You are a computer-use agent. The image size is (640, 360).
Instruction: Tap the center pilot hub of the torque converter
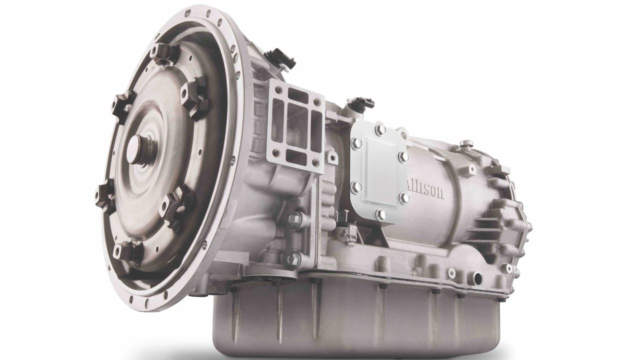[x=138, y=147]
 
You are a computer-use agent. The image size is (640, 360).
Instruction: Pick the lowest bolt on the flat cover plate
[x=381, y=215]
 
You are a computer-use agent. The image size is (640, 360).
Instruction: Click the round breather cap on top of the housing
[x=466, y=144]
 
